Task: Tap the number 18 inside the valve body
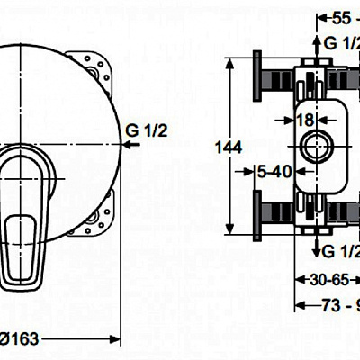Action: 306,120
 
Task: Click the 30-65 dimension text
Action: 318,281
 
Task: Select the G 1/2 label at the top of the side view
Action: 341,43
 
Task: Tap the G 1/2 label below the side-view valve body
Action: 341,249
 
